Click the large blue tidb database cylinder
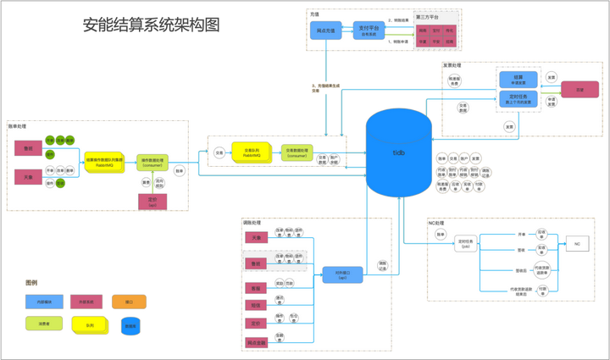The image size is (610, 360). (x=398, y=152)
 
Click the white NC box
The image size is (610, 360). (x=575, y=243)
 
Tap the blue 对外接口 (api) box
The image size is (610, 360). (x=341, y=274)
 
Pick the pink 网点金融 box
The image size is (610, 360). (x=255, y=342)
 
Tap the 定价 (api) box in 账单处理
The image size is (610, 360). (x=152, y=201)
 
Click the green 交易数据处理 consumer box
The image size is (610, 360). (x=297, y=152)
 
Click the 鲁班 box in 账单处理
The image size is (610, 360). (x=28, y=148)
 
